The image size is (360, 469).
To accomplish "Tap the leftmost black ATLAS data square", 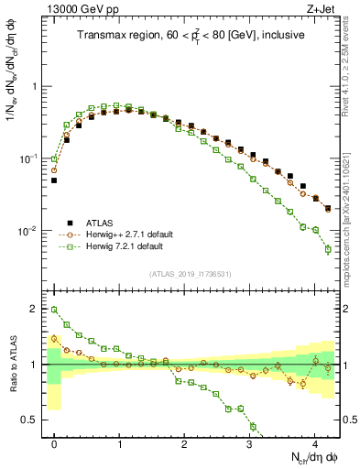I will click(x=54, y=180).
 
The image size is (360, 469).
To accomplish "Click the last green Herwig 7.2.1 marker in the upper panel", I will click(x=328, y=249).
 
